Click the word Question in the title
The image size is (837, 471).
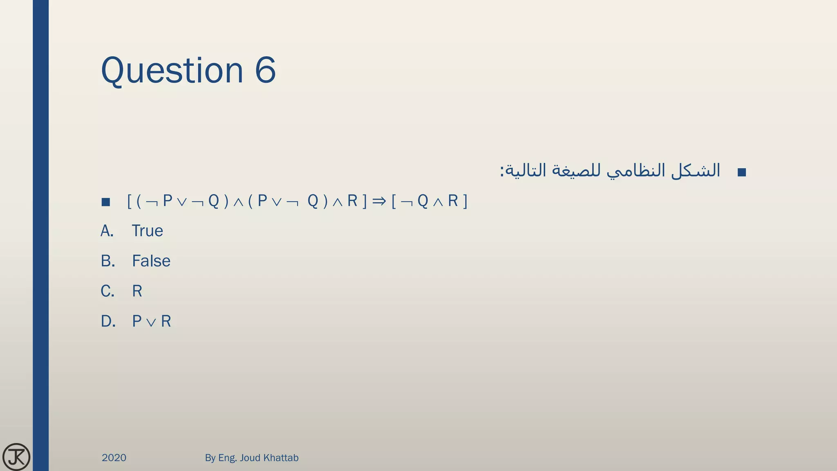tap(172, 70)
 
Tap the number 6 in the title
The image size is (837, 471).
tap(265, 70)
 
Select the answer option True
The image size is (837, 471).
tap(147, 231)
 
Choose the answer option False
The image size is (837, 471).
tap(151, 261)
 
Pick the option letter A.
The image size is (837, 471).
tap(107, 231)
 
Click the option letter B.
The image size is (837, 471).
tap(107, 261)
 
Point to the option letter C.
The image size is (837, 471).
tap(107, 291)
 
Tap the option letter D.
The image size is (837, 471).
tap(108, 321)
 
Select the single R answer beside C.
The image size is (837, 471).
tap(137, 291)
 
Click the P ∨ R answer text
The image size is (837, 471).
tap(151, 321)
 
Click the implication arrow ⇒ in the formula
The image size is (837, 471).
tap(379, 201)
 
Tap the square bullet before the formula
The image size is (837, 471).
tap(106, 202)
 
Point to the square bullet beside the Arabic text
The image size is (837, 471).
tap(742, 172)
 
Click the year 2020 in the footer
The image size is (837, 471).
tap(114, 458)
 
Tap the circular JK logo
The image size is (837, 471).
tap(16, 457)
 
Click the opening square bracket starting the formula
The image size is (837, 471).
tap(129, 201)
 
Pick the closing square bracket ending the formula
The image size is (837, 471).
tap(465, 201)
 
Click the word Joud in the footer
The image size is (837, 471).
tap(250, 458)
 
